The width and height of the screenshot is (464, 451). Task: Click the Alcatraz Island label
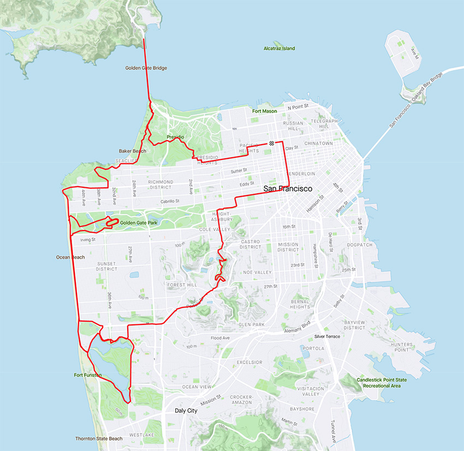tap(279, 49)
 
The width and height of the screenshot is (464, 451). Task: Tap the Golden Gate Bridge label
tap(142, 68)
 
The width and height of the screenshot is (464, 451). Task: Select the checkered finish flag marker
tap(271, 143)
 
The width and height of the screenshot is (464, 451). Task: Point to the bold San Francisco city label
tap(288, 188)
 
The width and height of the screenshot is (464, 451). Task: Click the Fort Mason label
tap(264, 111)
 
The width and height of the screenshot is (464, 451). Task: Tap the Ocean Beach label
tap(70, 257)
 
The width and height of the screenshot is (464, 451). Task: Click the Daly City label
tap(187, 410)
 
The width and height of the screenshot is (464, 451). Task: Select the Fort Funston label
tap(88, 375)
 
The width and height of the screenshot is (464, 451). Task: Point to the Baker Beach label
tap(132, 151)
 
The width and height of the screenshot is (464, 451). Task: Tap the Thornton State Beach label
tap(99, 438)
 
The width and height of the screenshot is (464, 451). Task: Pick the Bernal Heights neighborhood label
tap(300, 304)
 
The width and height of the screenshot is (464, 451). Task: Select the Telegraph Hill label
tap(324, 123)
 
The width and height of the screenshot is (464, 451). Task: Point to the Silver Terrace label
tap(327, 336)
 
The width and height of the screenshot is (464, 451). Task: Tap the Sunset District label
tap(106, 266)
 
